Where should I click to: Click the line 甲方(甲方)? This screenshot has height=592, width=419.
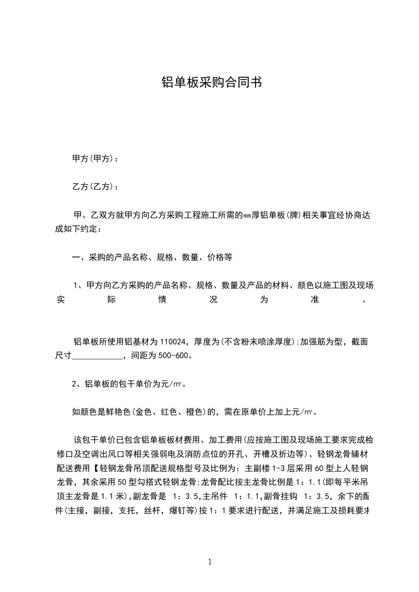95,159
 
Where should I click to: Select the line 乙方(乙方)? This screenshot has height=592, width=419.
95,187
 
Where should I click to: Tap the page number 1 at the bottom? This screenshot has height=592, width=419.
210,562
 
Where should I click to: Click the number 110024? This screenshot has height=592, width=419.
176,342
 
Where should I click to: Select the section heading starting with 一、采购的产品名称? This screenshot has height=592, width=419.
152,258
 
